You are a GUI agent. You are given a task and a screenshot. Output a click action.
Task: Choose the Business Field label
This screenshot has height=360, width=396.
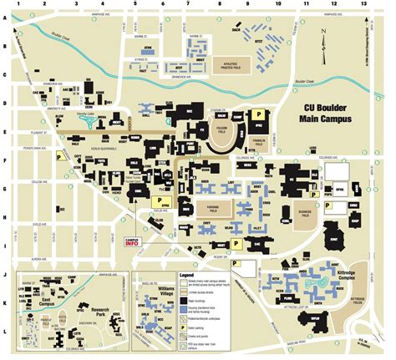click(307, 214)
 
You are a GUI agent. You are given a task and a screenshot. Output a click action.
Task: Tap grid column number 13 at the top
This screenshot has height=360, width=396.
click(363, 5)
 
